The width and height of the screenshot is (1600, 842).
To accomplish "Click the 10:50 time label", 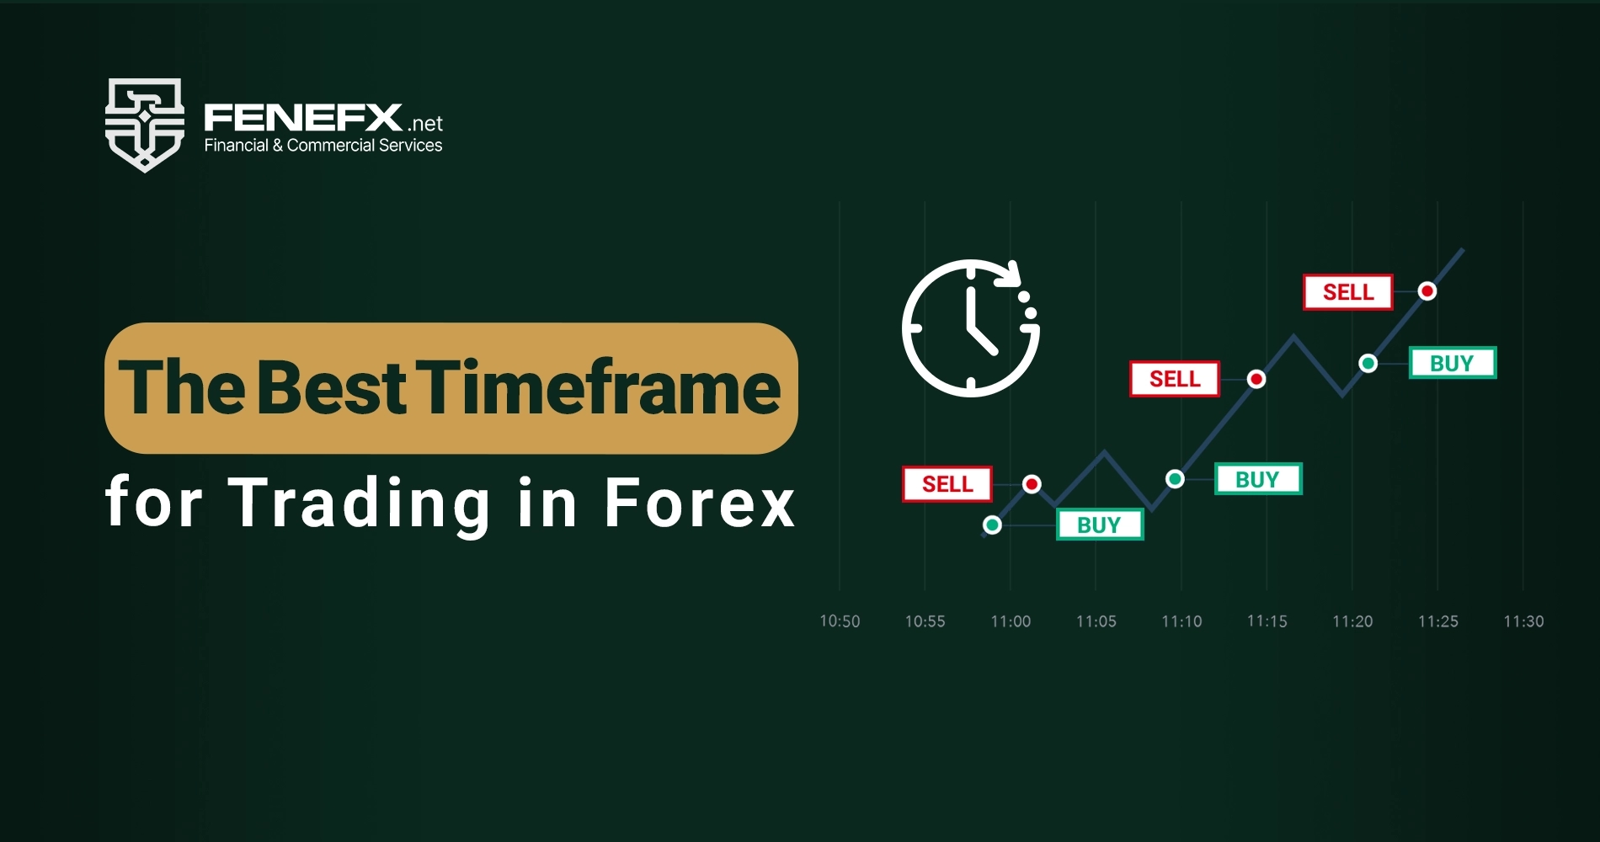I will pos(840,621).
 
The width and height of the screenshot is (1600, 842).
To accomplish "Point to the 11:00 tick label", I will pos(1011,621).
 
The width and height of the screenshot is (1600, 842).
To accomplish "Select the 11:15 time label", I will pos(1267,621).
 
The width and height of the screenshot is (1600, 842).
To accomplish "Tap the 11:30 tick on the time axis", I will pos(1523,621).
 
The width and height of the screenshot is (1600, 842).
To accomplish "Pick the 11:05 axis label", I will pos(1096,621).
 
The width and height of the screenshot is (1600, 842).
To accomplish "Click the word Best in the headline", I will pos(332,388).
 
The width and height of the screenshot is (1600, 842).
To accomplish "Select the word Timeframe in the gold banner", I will pos(602,388).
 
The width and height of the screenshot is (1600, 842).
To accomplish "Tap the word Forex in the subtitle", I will pos(699,504).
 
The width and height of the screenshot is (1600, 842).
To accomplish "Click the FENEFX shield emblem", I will pos(144,125).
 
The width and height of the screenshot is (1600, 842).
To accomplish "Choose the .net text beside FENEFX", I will pos(425,124).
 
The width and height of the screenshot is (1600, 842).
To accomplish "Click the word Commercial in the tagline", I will pos(330,146).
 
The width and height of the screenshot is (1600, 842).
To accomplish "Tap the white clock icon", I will pos(970,328).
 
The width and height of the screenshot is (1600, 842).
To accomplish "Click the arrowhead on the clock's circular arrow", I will pos(1010,274).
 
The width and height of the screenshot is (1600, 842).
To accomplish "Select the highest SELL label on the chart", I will pos(1347,292).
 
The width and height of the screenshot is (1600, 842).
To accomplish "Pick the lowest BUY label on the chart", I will pos(1099,525).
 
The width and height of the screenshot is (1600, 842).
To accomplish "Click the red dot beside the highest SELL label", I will pos(1427,291).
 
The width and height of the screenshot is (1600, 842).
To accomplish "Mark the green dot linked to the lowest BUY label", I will pos(992,525).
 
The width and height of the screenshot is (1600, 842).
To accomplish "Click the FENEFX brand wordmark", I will pos(303,118).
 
